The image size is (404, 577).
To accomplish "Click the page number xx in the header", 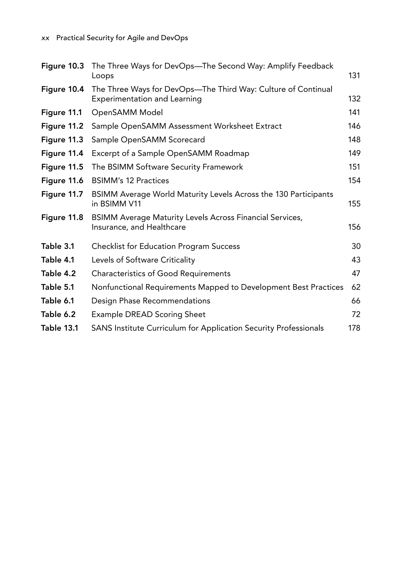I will (x=45, y=38).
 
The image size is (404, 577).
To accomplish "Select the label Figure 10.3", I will (x=63, y=66).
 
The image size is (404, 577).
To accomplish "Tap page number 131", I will (x=354, y=76).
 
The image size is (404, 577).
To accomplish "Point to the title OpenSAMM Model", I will (x=127, y=113).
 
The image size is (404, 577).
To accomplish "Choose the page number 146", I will (x=354, y=126).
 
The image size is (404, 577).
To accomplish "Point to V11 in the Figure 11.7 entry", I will (x=135, y=204).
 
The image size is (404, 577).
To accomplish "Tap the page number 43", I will (x=356, y=260).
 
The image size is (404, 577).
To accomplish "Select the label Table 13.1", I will (x=60, y=328).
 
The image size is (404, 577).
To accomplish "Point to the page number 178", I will (x=354, y=328).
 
